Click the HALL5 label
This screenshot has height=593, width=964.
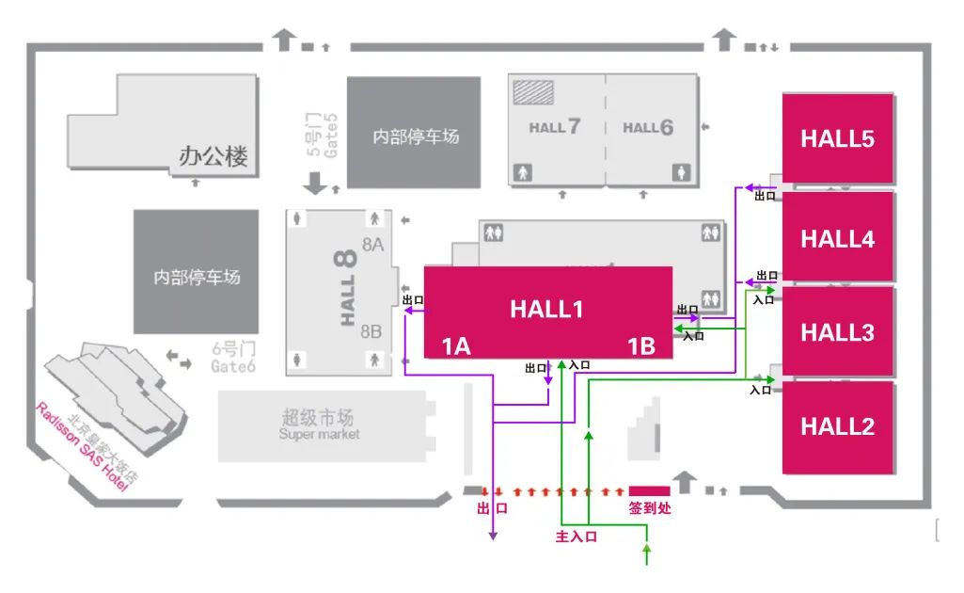pyautogui.click(x=837, y=138)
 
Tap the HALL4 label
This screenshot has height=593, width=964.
pyautogui.click(x=837, y=239)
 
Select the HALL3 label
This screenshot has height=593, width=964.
pyautogui.click(x=837, y=332)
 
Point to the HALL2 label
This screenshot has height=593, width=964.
pyautogui.click(x=837, y=426)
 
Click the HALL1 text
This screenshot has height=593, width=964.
pyautogui.click(x=547, y=309)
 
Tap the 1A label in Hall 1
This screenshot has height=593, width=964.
pyautogui.click(x=456, y=346)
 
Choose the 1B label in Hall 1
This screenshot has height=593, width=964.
pyautogui.click(x=641, y=346)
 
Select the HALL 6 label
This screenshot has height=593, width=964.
pyautogui.click(x=648, y=127)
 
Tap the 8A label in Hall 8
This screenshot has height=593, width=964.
pyautogui.click(x=372, y=245)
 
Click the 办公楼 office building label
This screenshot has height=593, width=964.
pyautogui.click(x=213, y=156)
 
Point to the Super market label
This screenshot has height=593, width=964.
pyautogui.click(x=319, y=435)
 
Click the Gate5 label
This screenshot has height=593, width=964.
pyautogui.click(x=330, y=134)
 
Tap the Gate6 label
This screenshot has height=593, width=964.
pyautogui.click(x=233, y=367)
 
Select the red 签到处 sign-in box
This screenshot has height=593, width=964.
pyautogui.click(x=649, y=490)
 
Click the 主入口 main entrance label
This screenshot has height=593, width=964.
pyautogui.click(x=577, y=537)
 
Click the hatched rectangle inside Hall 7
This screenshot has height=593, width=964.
pyautogui.click(x=532, y=91)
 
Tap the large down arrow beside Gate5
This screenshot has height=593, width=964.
pyautogui.click(x=315, y=184)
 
